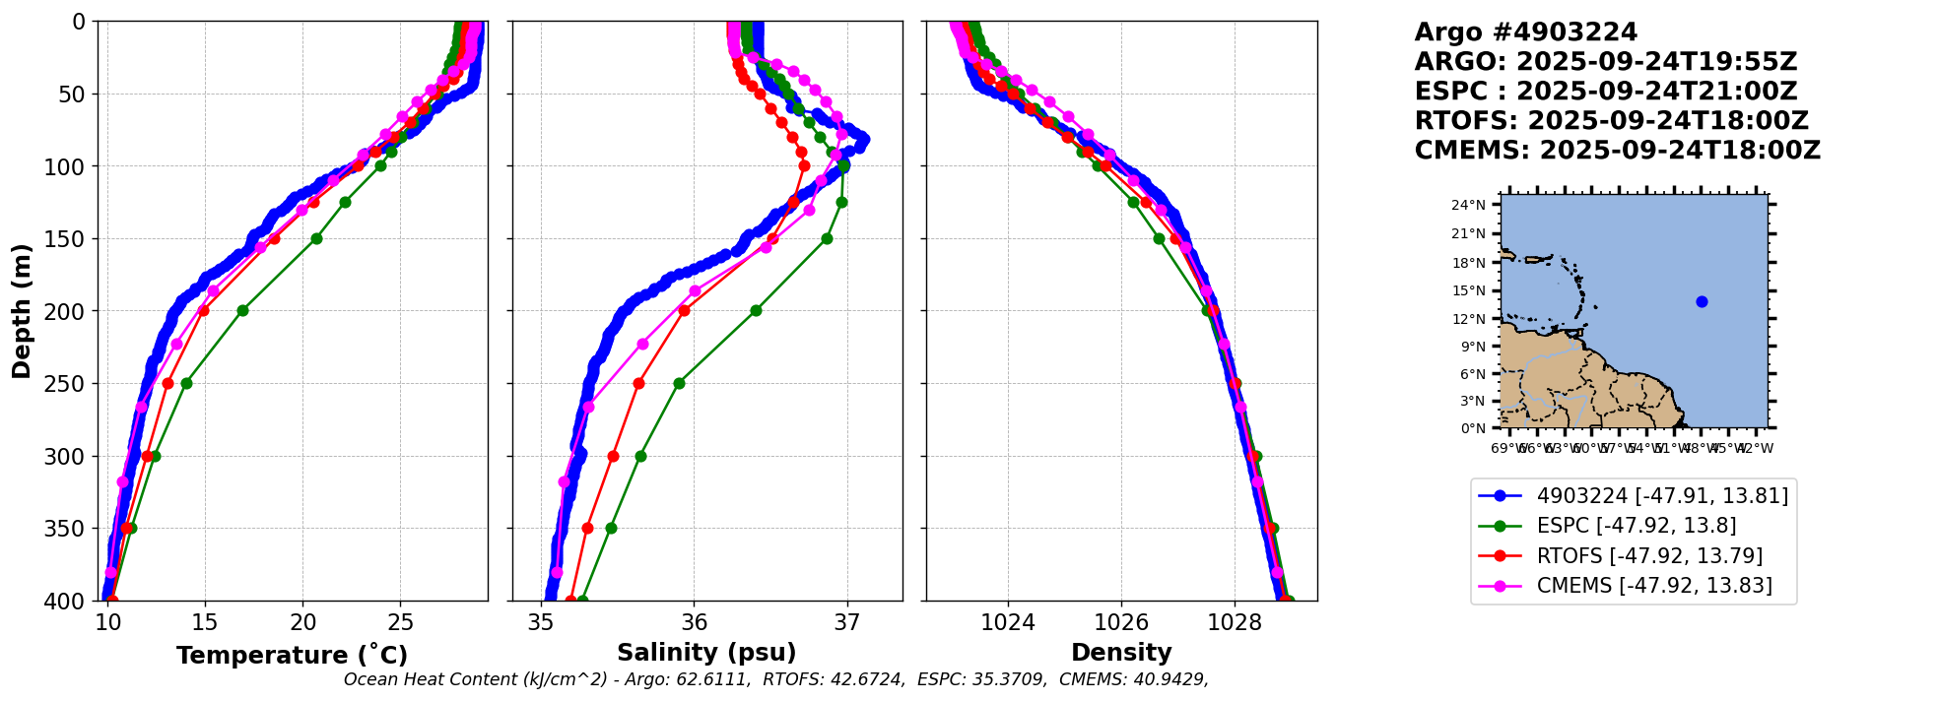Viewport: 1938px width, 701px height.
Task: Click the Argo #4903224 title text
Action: tap(1525, 32)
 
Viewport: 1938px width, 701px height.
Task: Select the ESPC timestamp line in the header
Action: tap(1606, 92)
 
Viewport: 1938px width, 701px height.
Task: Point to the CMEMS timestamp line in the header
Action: tap(1617, 151)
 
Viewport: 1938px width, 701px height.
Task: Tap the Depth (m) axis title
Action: tap(22, 310)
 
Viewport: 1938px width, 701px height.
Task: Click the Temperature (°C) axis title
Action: tap(292, 655)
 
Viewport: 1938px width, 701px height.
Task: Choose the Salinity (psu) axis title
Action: tap(706, 653)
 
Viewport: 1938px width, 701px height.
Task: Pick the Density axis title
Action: tap(1121, 653)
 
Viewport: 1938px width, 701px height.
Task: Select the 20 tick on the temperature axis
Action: tap(302, 622)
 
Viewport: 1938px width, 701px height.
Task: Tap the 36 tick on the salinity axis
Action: tap(695, 622)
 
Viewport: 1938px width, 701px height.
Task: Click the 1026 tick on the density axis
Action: tap(1121, 622)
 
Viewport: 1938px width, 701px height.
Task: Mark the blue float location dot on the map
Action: tap(1702, 301)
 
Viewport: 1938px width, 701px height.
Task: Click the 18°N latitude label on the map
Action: tap(1468, 263)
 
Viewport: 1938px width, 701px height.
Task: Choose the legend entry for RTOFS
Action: tap(1649, 556)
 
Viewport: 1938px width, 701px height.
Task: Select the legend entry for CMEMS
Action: tap(1653, 586)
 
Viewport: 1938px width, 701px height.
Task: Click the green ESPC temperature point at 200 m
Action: tap(242, 310)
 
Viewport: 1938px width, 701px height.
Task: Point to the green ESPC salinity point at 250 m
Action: tap(679, 383)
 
